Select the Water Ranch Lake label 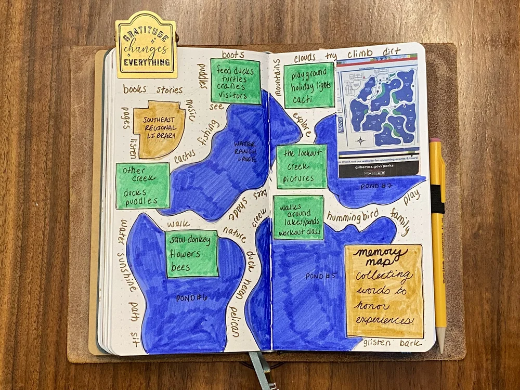tap(245, 151)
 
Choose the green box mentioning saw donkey tap(191, 254)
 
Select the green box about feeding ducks tap(235, 81)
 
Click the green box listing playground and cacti tap(309, 85)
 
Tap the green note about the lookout tap(302, 166)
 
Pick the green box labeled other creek tap(142, 186)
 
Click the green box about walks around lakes tap(298, 217)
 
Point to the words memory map tap(381, 258)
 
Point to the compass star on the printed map tap(360, 140)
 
